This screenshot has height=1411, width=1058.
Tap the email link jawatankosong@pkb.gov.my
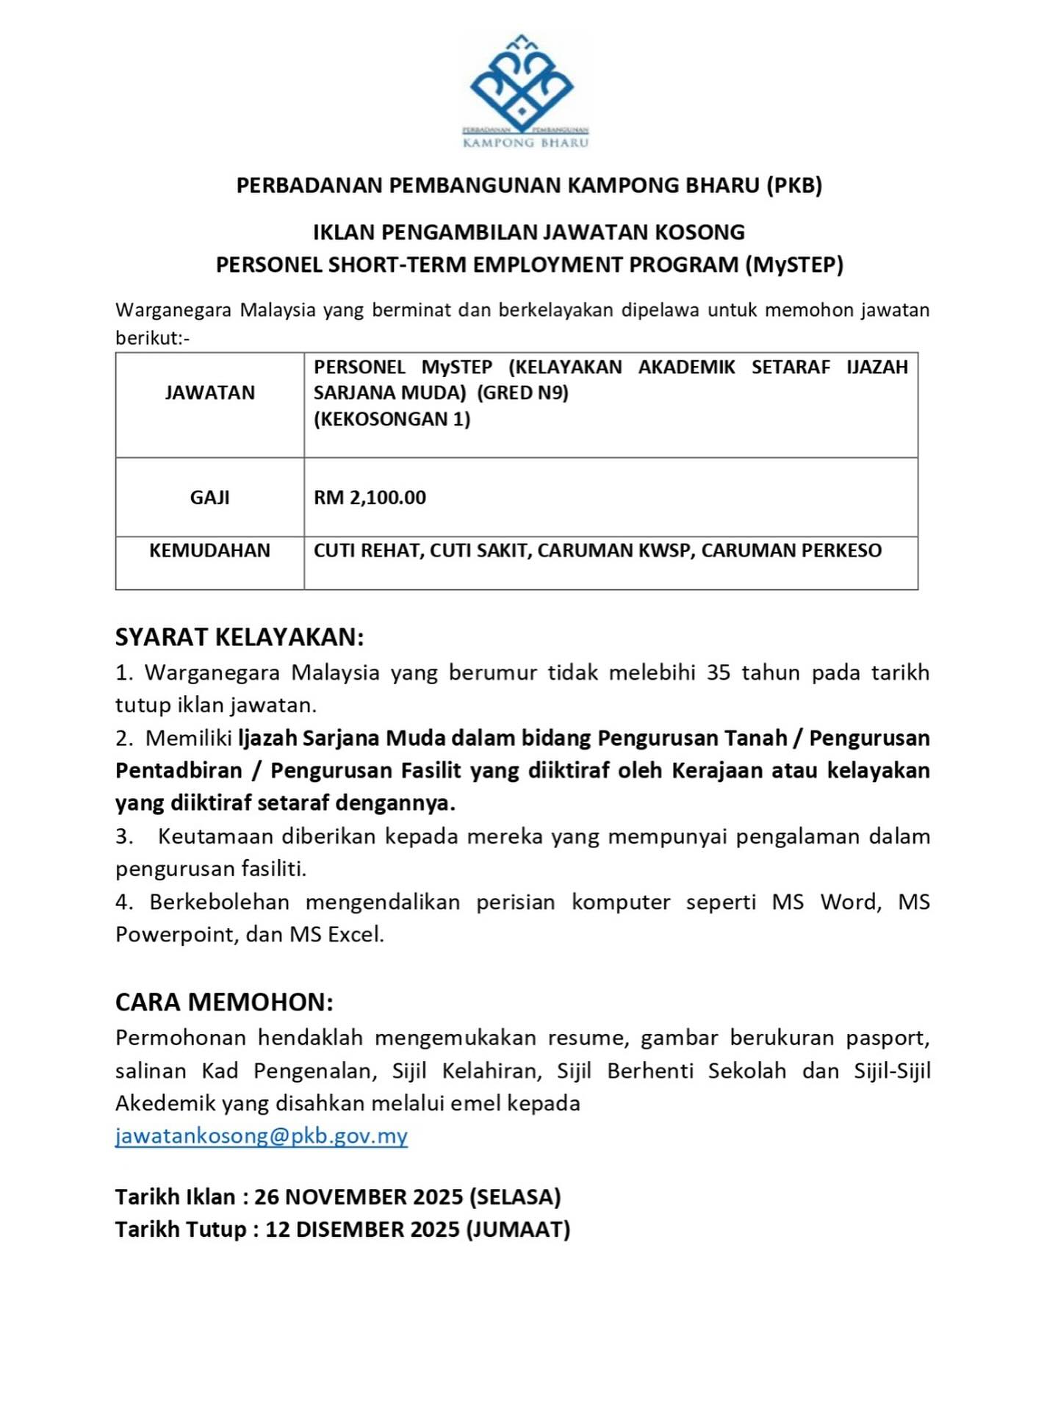(261, 1135)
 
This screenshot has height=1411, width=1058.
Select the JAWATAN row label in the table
(209, 393)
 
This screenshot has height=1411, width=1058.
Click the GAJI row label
(209, 498)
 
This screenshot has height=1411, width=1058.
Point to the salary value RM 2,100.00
(370, 498)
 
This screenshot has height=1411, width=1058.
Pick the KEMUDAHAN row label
(209, 550)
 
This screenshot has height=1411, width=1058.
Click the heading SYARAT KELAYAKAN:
(240, 637)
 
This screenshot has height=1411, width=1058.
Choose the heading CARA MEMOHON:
(224, 1002)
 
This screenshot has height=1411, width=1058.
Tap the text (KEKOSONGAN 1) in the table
(392, 419)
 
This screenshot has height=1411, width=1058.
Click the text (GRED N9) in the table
(522, 392)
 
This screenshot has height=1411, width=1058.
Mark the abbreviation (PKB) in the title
(794, 185)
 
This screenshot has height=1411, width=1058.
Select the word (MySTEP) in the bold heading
(794, 265)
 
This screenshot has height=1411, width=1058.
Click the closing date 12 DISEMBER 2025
(363, 1229)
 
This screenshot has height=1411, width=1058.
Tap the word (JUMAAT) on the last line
(519, 1229)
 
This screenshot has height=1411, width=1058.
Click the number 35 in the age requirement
(718, 672)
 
